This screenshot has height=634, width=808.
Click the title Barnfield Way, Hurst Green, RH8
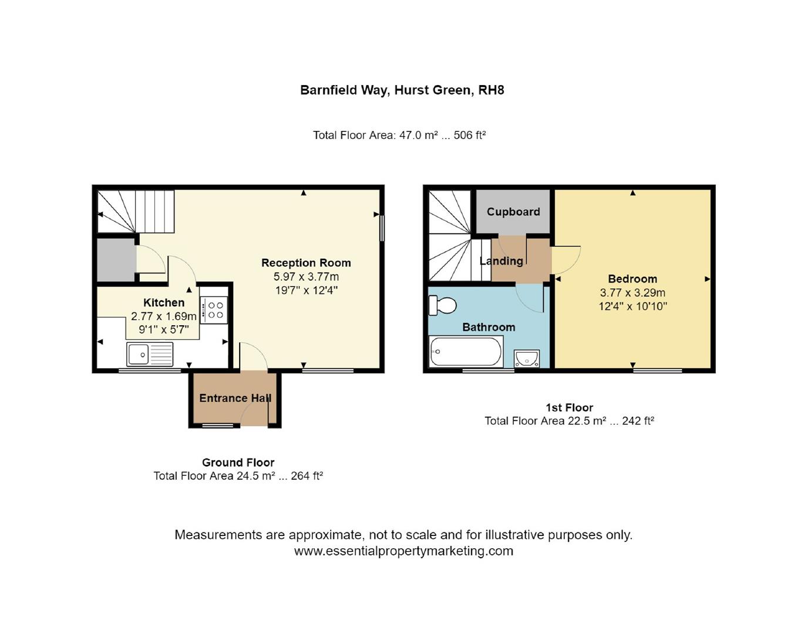click(402, 90)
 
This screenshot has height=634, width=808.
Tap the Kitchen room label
click(164, 303)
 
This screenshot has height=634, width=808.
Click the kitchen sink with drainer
click(150, 355)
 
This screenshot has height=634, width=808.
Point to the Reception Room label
click(306, 263)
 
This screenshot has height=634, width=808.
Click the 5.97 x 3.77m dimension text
click(306, 276)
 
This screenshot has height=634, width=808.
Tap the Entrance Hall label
click(235, 398)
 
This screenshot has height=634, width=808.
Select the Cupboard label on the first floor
click(513, 212)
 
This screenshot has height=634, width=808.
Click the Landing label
click(501, 261)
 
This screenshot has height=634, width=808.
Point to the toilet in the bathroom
click(443, 305)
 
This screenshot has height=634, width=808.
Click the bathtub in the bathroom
click(466, 352)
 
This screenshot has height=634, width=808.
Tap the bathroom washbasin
click(527, 358)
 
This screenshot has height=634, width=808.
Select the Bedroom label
click(632, 279)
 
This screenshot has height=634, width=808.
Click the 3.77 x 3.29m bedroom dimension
click(632, 292)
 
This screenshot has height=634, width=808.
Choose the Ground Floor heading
click(238, 463)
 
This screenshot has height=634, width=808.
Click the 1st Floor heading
click(569, 407)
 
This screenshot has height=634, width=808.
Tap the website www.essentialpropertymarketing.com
click(403, 551)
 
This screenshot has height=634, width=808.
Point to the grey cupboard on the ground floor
click(116, 259)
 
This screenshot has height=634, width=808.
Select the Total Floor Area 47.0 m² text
click(399, 135)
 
